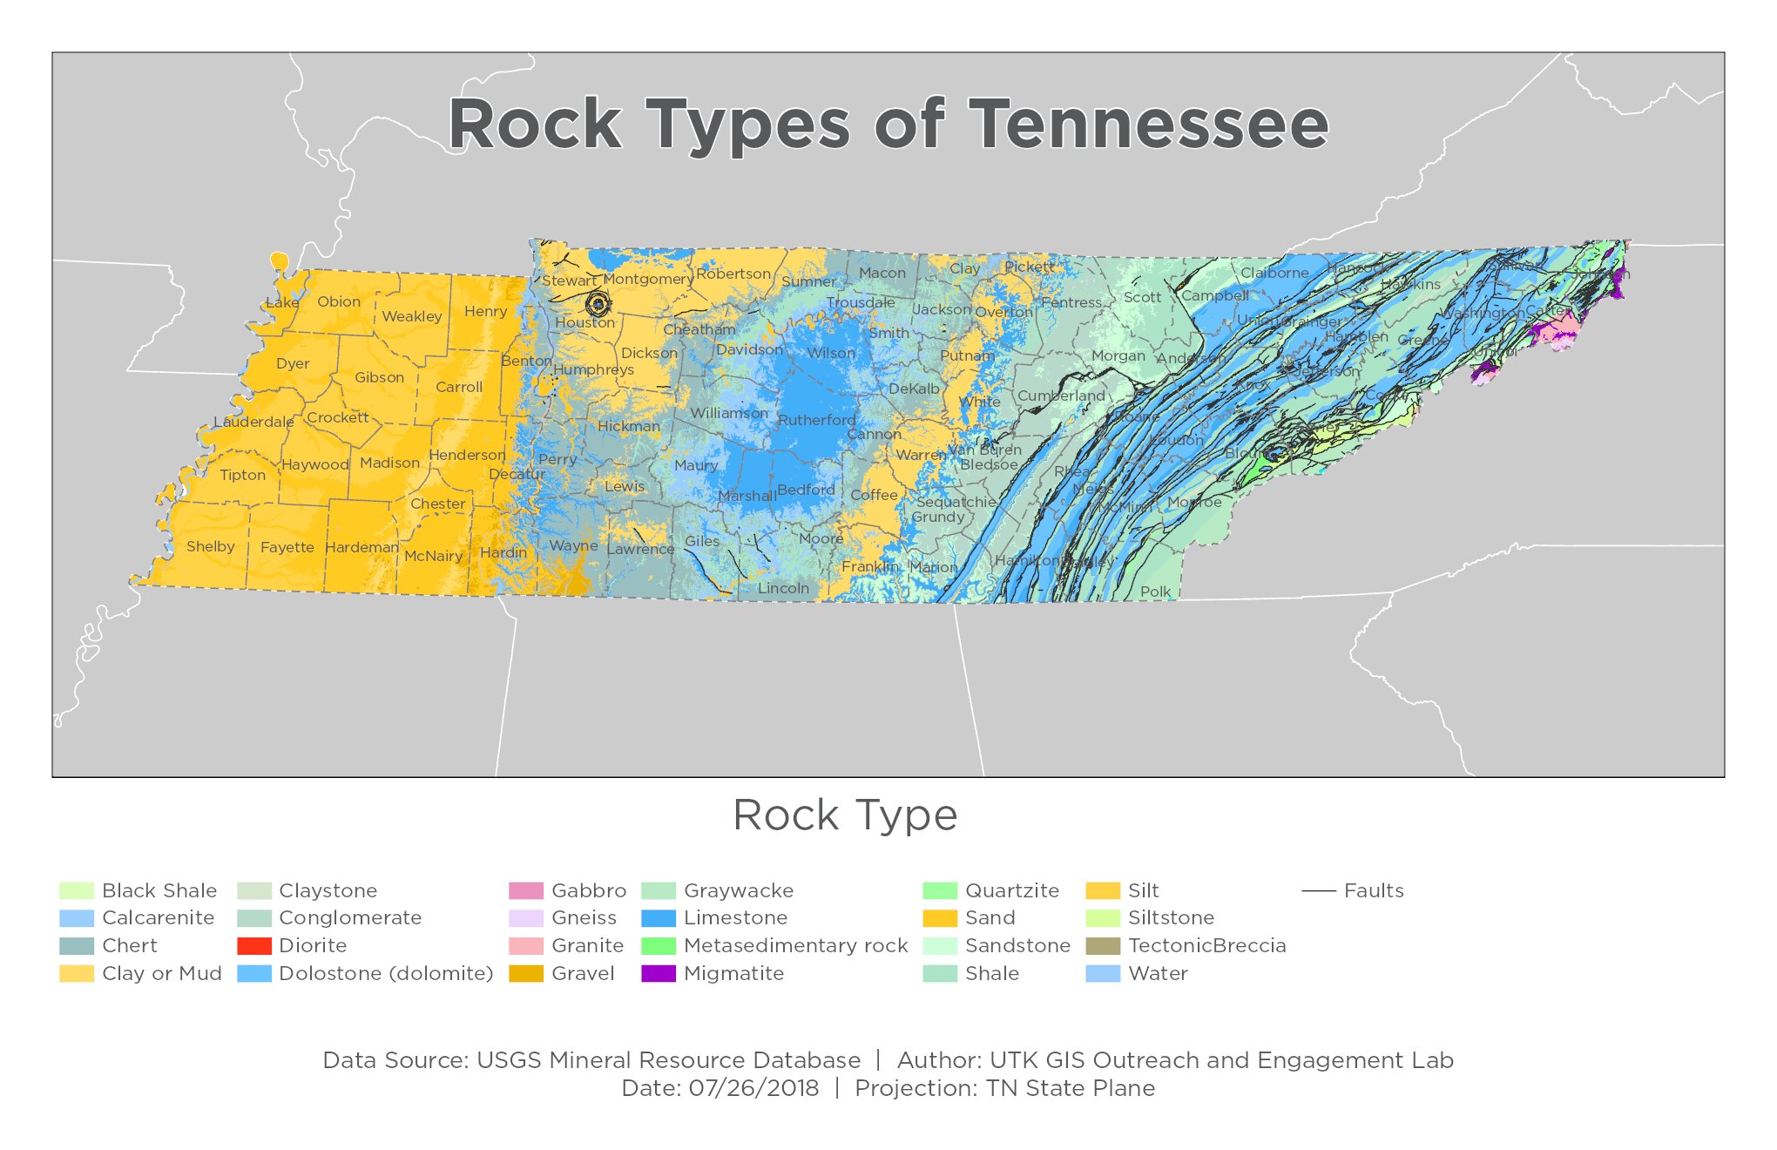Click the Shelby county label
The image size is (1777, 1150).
point(210,546)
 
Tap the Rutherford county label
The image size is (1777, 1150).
point(816,420)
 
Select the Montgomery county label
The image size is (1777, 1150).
point(648,279)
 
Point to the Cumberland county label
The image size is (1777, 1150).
point(1061,396)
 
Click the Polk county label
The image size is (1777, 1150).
point(1156,592)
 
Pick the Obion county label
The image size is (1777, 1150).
point(339,301)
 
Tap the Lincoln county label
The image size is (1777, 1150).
point(783,588)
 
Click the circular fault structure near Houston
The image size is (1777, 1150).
point(598,304)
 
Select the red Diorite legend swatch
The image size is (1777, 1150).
point(254,945)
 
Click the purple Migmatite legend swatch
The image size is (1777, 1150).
point(659,973)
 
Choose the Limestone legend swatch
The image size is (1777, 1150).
point(659,917)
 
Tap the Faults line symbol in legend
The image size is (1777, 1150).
point(1318,890)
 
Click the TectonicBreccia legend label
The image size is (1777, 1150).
point(1206,945)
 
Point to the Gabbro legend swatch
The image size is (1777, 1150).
point(525,890)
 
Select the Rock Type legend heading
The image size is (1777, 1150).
point(845,815)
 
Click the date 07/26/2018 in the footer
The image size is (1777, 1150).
point(753,1088)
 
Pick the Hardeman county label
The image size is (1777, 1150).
point(361,547)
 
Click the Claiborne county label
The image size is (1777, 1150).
point(1274,273)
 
